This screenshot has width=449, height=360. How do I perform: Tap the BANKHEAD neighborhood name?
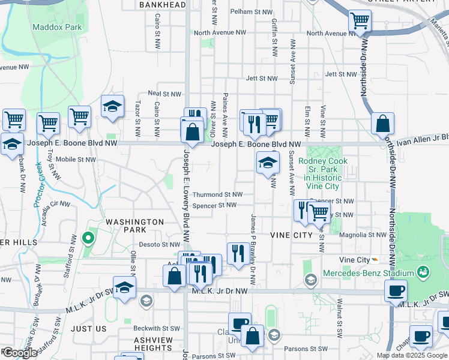tap(162, 5)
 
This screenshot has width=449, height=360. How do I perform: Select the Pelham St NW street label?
tap(251, 11)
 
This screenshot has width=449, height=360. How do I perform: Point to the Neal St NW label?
tap(164, 94)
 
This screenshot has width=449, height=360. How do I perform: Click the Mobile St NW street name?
tap(75, 160)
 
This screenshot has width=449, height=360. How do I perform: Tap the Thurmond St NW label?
tap(217, 194)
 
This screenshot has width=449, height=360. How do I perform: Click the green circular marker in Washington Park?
tap(88, 239)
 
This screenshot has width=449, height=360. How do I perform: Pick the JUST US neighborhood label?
tap(88, 329)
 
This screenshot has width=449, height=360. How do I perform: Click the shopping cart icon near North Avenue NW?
tap(359, 22)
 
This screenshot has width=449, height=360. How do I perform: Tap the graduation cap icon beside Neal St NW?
tap(112, 106)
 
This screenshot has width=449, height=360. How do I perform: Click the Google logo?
tap(19, 353)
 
